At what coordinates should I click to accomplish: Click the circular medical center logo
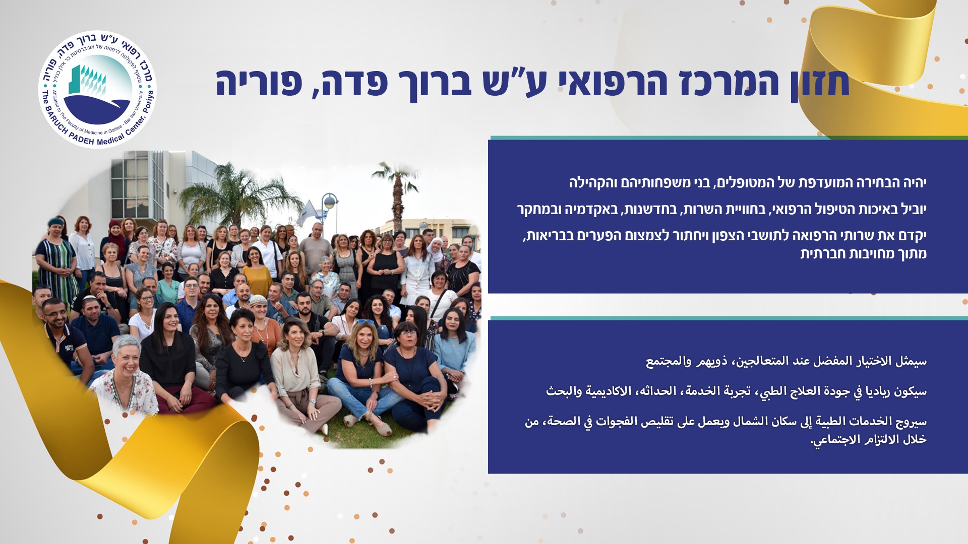pos(97,90)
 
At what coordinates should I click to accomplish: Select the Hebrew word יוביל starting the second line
pos(912,209)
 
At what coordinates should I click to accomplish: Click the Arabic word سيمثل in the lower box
pos(911,361)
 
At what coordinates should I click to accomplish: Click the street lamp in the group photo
pos(330,212)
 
